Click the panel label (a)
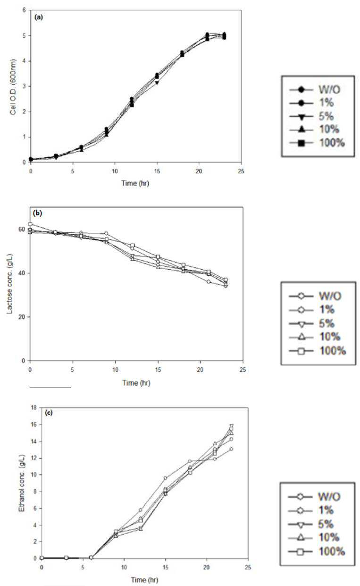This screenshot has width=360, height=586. tap(38, 17)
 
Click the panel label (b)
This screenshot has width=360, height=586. tap(38, 213)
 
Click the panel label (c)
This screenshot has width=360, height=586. tap(49, 413)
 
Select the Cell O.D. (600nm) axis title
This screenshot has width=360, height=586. tap(13, 87)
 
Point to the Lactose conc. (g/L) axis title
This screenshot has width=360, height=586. tap(9, 284)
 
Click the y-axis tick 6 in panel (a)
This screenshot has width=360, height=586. tap(25, 10)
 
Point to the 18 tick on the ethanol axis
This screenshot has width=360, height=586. tap(34, 408)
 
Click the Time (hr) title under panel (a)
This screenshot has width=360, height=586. tap(135, 183)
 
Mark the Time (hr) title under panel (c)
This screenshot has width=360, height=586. tap(144, 580)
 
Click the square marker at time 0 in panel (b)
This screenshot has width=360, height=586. tap(30, 224)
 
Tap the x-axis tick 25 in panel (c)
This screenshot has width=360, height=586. tap(248, 567)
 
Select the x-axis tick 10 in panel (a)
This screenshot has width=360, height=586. tap(115, 171)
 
